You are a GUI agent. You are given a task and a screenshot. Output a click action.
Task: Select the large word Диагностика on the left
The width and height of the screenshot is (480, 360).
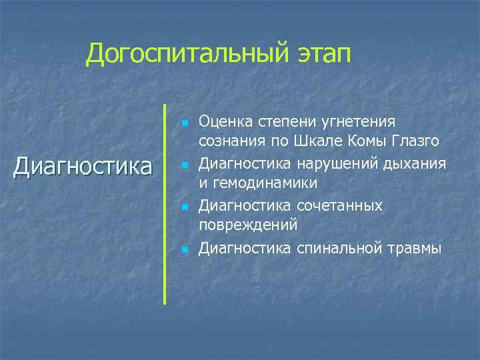click(x=83, y=166)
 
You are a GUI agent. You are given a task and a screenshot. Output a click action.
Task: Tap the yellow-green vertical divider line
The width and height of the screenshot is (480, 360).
click(x=164, y=203)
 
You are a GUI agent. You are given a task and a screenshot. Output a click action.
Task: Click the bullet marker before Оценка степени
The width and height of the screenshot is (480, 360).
click(x=184, y=123)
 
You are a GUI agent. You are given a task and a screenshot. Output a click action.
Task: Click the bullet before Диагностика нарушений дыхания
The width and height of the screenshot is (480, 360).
click(x=184, y=165)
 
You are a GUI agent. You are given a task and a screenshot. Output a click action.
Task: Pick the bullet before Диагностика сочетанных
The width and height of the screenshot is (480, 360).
click(x=184, y=207)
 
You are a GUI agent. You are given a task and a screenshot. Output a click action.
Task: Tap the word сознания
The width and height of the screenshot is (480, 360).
click(x=228, y=141)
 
